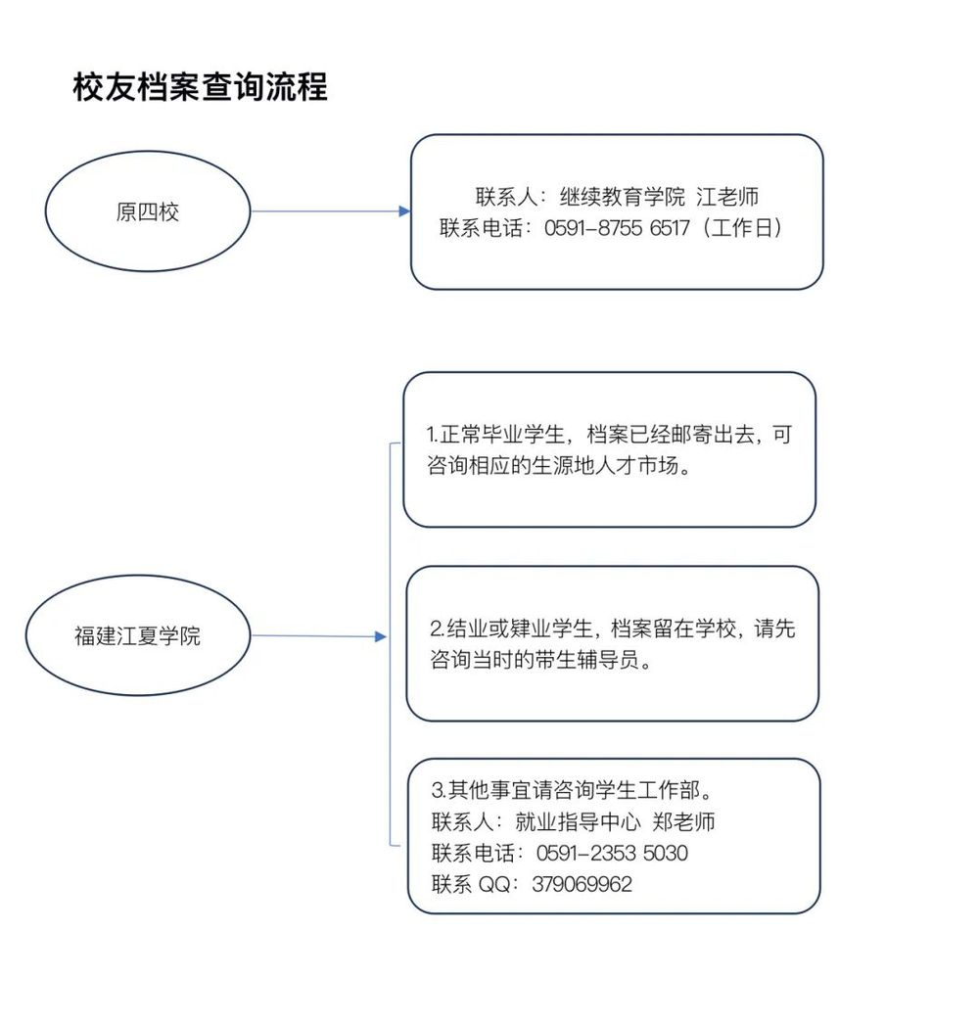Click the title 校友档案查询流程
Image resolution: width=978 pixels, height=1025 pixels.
(x=200, y=87)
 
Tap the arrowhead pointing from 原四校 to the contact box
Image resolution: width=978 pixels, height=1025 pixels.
(x=404, y=211)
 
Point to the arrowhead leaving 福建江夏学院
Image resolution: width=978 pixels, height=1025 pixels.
(x=381, y=636)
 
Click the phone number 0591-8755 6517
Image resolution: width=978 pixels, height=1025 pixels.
(x=617, y=227)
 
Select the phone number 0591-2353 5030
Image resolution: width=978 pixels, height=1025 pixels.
(x=612, y=853)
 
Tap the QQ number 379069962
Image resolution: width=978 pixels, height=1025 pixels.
(x=582, y=884)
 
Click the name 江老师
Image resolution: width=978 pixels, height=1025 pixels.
(x=727, y=196)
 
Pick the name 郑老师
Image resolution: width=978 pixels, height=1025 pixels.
(x=683, y=821)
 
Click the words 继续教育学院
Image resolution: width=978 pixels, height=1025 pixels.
(x=623, y=196)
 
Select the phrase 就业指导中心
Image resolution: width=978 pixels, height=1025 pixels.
(x=578, y=821)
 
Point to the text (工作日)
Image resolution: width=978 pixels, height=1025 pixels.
(x=742, y=227)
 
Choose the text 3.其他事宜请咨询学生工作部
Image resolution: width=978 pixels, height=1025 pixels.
(x=566, y=790)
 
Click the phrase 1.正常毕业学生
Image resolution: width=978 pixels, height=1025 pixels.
(x=495, y=434)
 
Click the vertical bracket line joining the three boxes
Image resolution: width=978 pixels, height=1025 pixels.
(x=391, y=644)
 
